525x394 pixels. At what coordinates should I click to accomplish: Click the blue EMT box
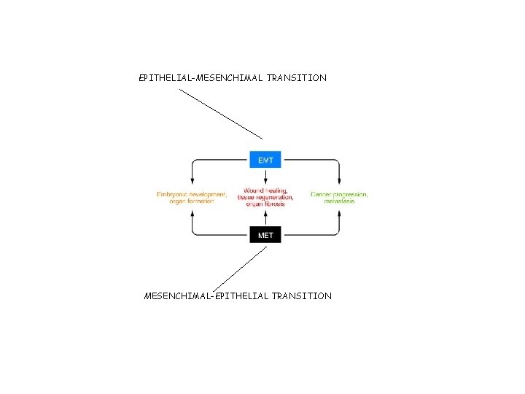click(x=265, y=160)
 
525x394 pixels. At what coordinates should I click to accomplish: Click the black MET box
click(x=265, y=235)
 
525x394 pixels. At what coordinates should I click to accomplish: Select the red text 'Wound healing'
click(x=265, y=191)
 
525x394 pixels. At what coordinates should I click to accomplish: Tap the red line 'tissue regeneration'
click(x=265, y=198)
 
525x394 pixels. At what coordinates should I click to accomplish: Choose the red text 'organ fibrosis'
click(x=265, y=204)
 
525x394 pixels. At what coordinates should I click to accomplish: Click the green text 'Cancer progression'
click(x=339, y=195)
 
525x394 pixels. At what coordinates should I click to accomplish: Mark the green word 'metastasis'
click(x=339, y=201)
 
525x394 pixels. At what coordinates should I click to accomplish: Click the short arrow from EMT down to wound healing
click(x=265, y=178)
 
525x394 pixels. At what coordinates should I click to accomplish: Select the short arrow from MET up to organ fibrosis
click(x=265, y=217)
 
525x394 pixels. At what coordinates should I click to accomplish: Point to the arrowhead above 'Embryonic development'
click(x=192, y=182)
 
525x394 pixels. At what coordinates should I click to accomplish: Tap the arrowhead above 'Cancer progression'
click(x=339, y=182)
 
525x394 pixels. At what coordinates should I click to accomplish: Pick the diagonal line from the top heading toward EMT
click(x=221, y=114)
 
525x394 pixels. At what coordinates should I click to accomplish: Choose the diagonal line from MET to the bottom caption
click(x=243, y=267)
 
